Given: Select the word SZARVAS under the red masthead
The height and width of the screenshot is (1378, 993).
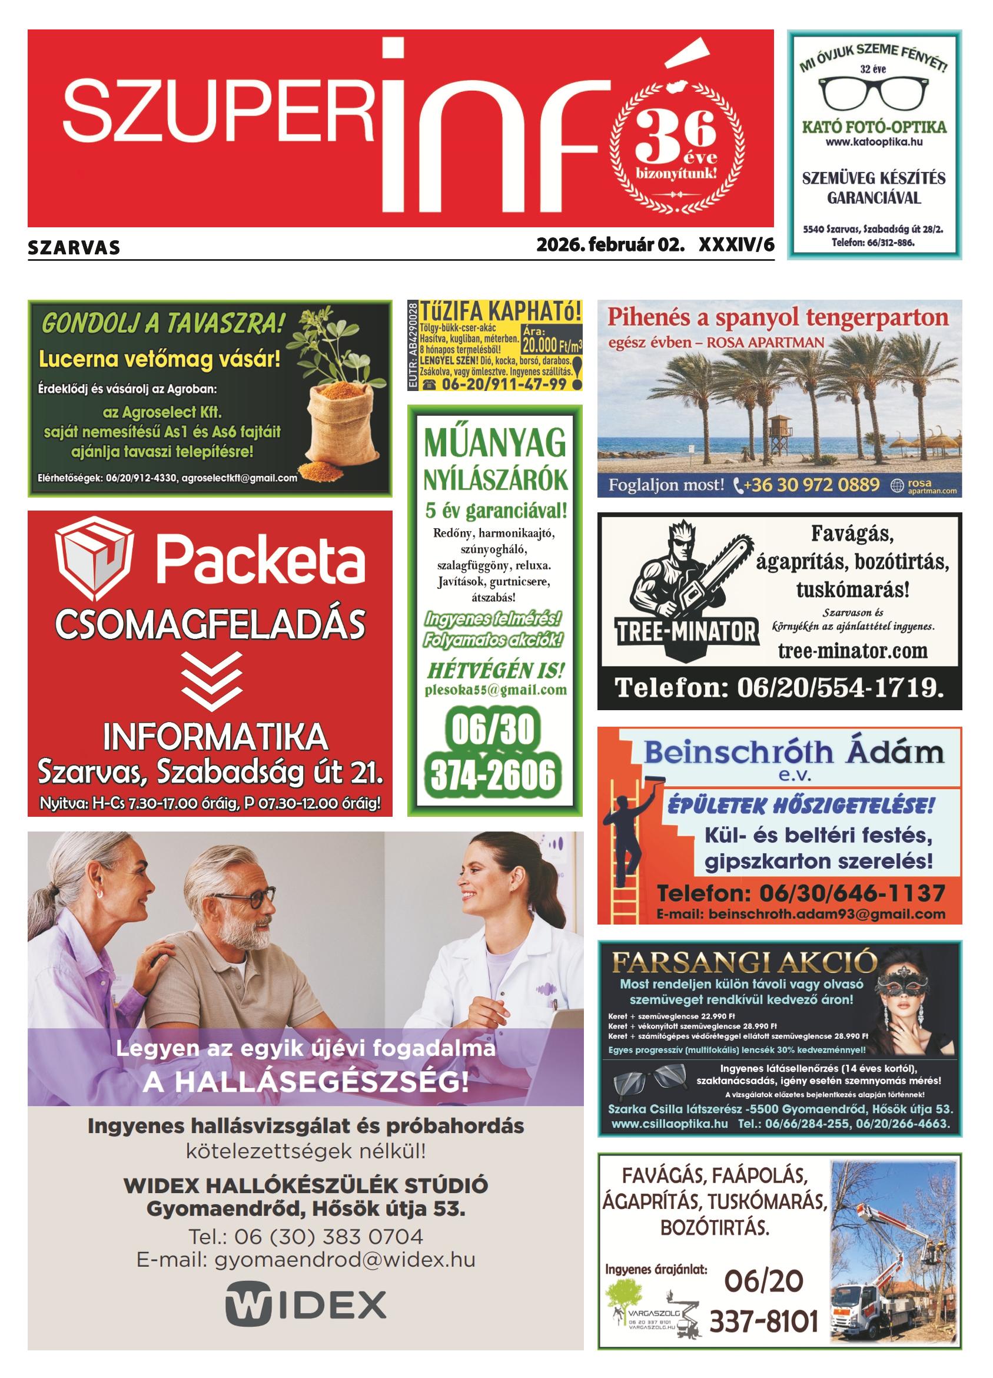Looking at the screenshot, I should pos(74,248).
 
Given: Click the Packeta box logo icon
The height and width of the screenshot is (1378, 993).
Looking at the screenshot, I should pos(94,557).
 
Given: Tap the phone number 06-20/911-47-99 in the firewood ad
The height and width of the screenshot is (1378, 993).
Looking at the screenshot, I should pos(504,384).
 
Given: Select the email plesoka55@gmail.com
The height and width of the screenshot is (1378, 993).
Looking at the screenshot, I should pos(494,690).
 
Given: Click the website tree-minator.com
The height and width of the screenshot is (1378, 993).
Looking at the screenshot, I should pos(852,651).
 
